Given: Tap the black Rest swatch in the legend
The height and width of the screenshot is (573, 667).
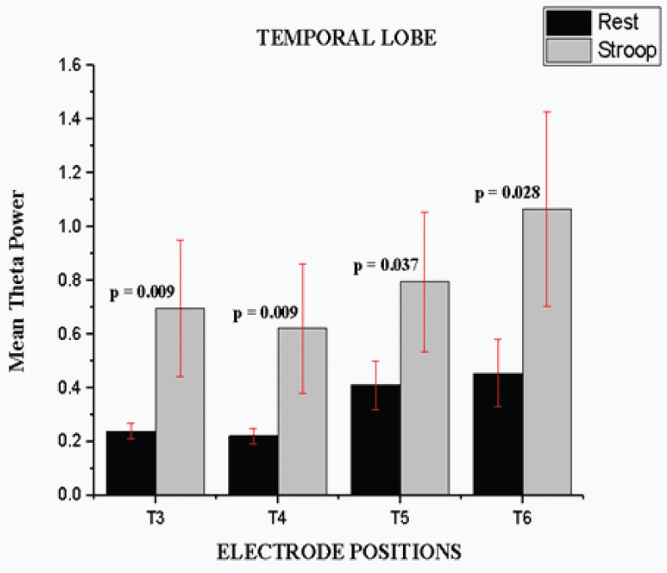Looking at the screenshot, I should click(x=567, y=22).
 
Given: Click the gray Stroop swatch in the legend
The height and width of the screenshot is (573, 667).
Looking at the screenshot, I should click(x=567, y=50).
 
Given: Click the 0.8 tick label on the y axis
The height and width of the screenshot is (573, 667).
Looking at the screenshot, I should click(x=66, y=281).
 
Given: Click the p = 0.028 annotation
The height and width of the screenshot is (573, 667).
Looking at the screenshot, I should click(x=507, y=193).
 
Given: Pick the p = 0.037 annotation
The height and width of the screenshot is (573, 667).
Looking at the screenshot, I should click(x=385, y=266).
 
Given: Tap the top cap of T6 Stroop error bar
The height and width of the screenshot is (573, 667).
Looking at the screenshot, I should click(x=547, y=112).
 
